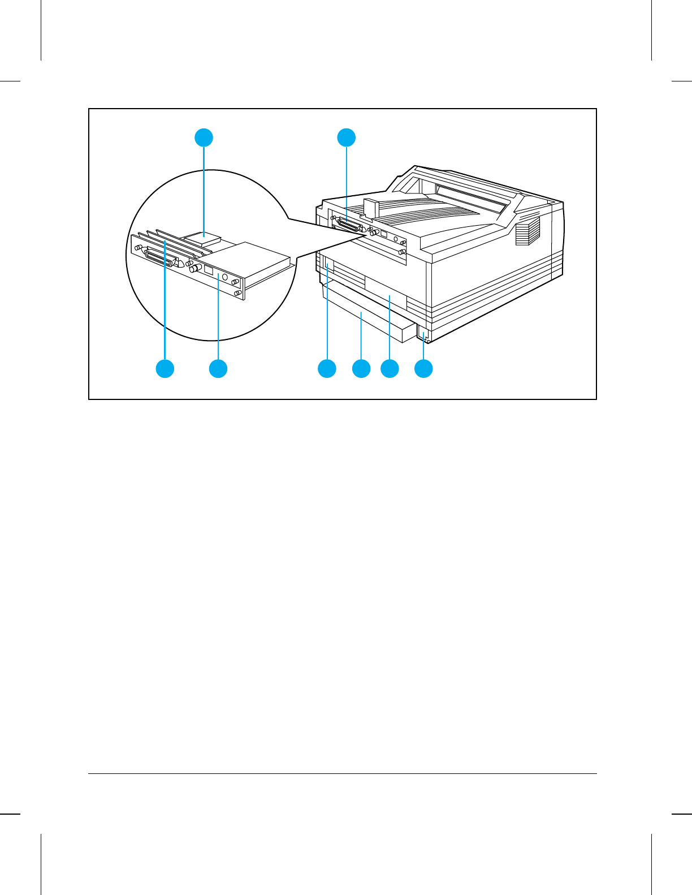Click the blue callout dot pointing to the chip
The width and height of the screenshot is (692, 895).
coord(204,137)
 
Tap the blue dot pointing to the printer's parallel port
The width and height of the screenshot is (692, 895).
coord(347,137)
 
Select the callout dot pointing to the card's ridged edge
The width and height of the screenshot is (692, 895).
coord(165,369)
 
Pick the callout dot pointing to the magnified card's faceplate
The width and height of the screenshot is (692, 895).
coord(218,369)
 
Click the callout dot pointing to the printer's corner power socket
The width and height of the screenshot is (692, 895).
coord(423,369)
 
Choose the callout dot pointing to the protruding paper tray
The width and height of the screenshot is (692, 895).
coord(361,369)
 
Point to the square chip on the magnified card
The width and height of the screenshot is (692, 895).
coord(203,238)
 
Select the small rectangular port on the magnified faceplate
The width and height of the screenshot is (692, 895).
coord(209,270)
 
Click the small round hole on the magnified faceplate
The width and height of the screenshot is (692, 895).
coord(225,277)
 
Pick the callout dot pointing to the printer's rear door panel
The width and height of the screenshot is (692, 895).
coord(390,369)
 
